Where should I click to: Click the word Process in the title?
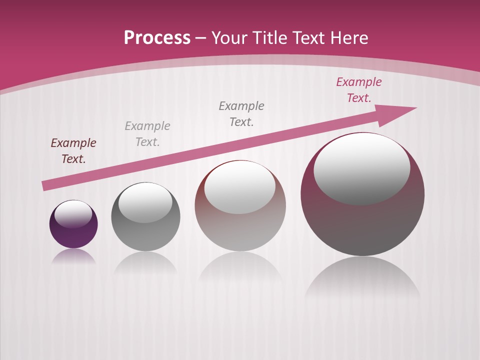pyautogui.click(x=157, y=37)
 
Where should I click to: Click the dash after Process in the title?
pyautogui.click(x=201, y=38)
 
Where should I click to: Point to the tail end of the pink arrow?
pyautogui.click(x=45, y=185)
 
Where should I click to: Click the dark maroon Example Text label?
pyautogui.click(x=73, y=151)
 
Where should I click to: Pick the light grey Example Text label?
pyautogui.click(x=147, y=134)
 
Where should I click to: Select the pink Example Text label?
pyautogui.click(x=359, y=90)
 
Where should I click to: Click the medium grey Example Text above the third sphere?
pyautogui.click(x=241, y=113)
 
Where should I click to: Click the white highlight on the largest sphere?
pyautogui.click(x=361, y=169)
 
